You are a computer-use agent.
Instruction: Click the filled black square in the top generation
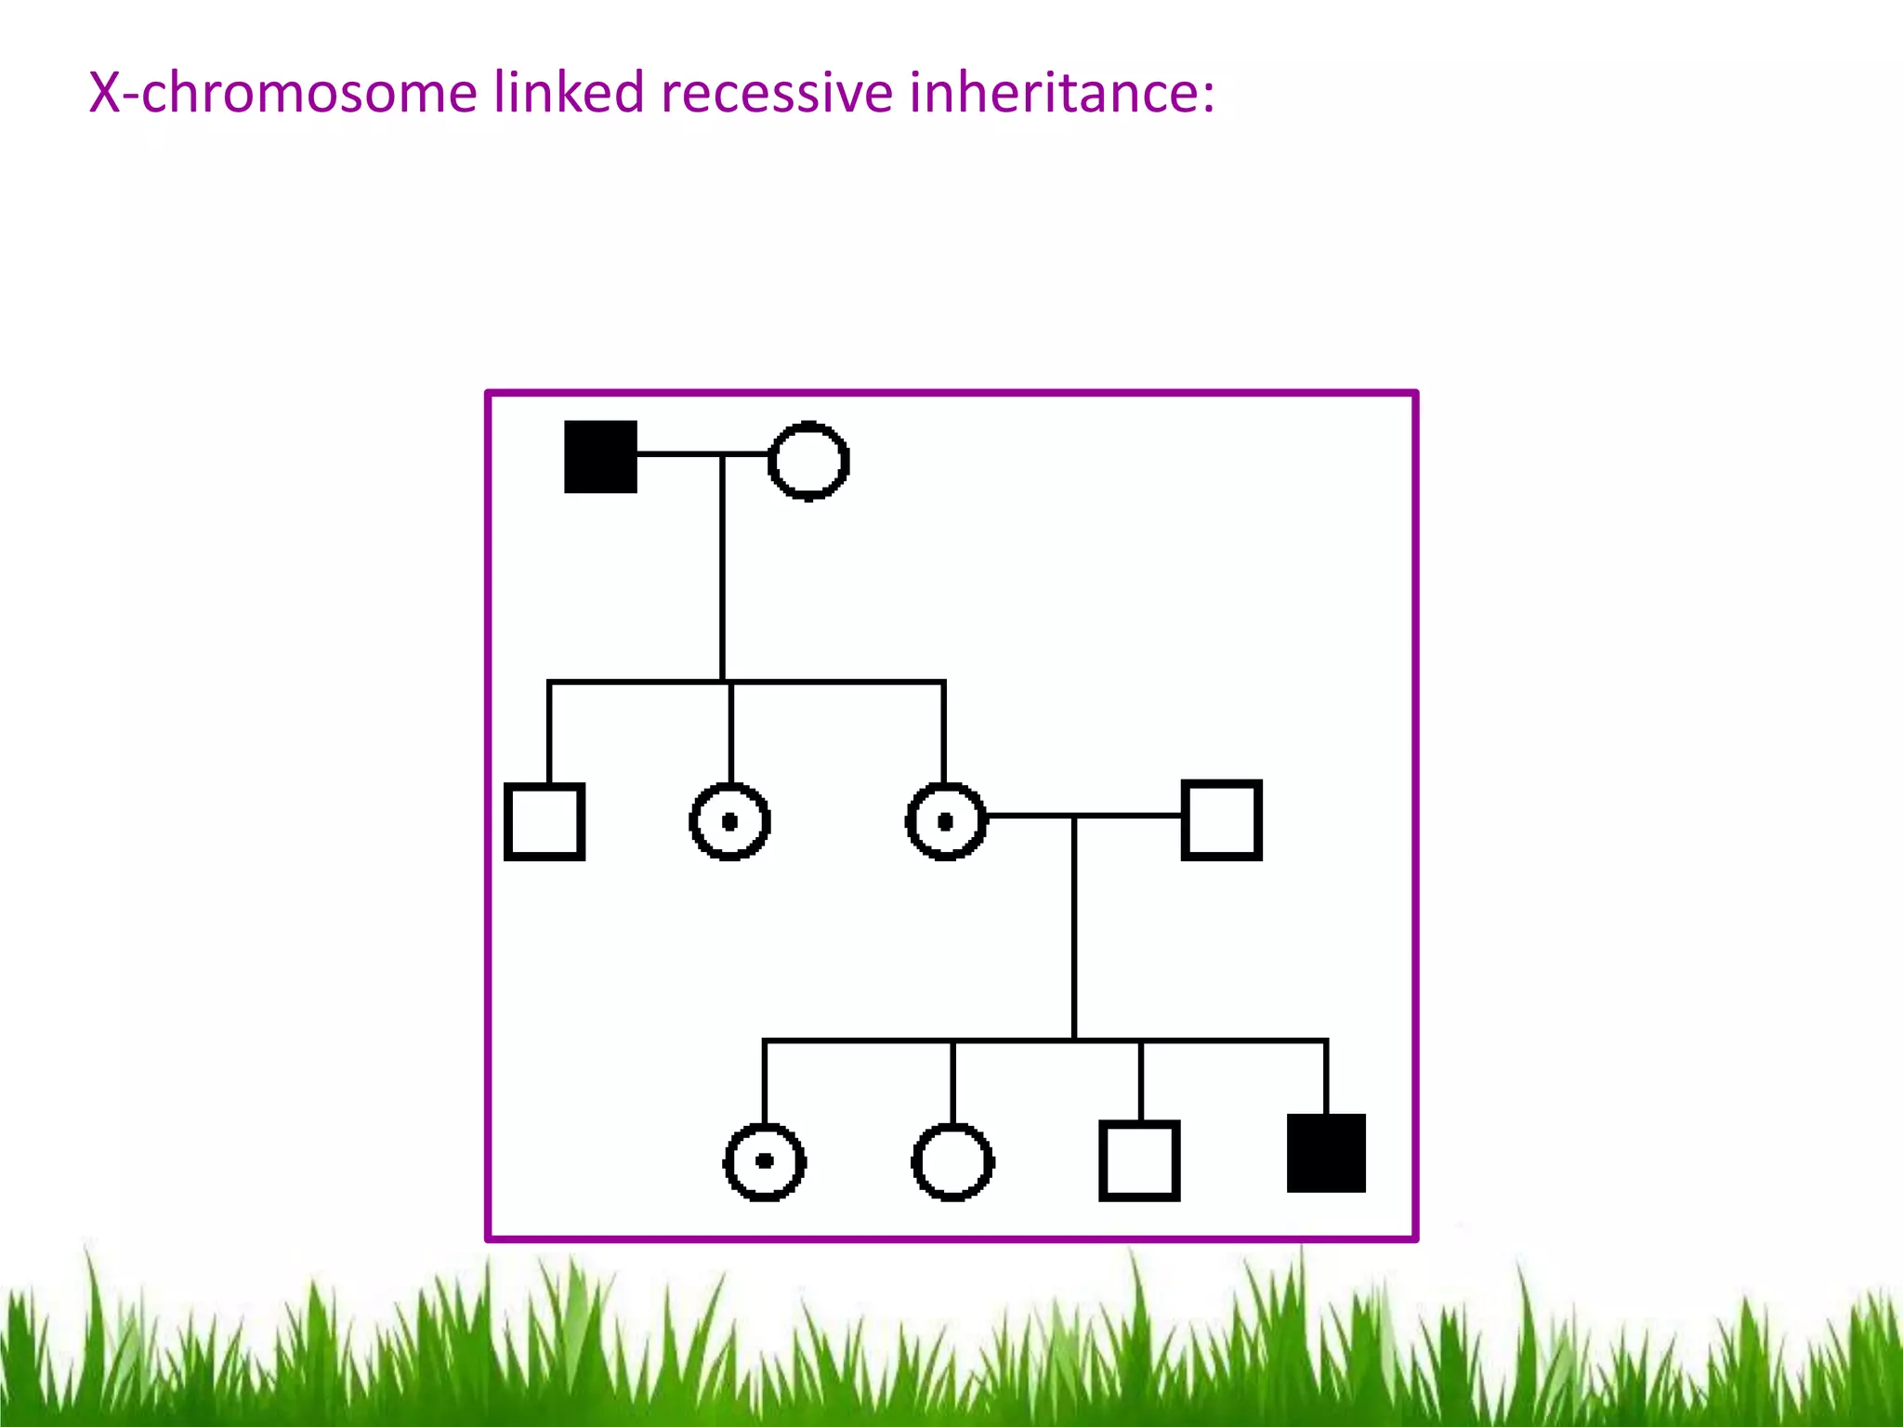coord(600,457)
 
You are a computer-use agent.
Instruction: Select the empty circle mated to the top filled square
coord(808,461)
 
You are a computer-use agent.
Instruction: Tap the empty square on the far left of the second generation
coord(545,821)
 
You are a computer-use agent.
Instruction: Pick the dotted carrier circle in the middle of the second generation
coord(729,821)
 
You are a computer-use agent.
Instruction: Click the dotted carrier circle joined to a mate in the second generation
coord(946,821)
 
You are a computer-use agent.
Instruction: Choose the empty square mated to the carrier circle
coord(1221,820)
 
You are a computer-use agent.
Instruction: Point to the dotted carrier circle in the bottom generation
coord(765,1161)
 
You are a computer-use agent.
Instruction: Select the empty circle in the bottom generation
coord(953,1161)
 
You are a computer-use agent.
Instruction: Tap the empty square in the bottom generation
coord(1139,1160)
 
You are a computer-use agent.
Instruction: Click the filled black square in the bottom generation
coord(1326,1153)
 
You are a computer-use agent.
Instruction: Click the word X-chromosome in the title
coord(282,93)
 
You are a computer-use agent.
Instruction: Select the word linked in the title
coord(568,93)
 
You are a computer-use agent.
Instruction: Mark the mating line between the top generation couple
coord(688,454)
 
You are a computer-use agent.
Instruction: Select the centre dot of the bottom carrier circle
coord(765,1160)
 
